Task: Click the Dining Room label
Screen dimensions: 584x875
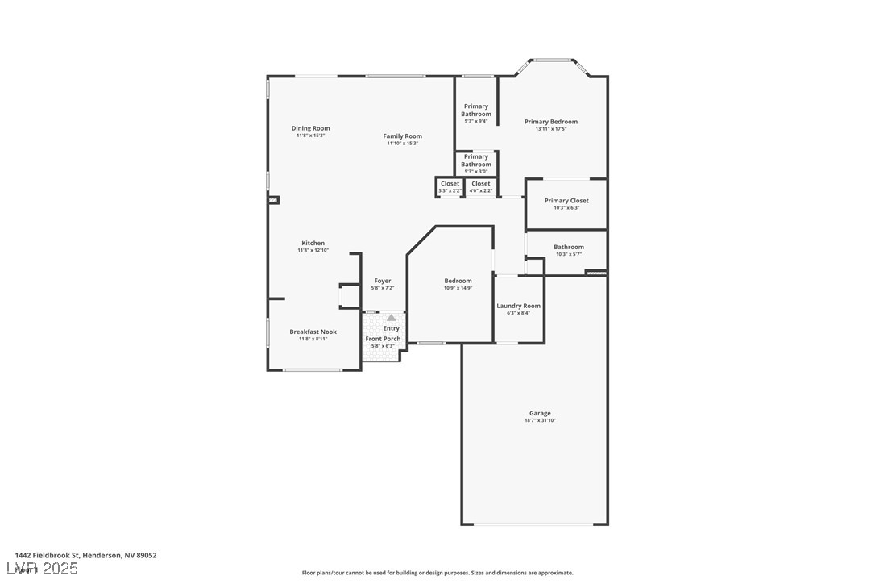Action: coord(310,128)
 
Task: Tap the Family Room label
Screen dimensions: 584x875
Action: coord(402,136)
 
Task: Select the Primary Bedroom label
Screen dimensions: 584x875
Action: coord(550,122)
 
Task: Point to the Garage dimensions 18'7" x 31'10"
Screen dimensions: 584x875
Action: coord(540,420)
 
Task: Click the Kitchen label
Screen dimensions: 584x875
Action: coord(313,243)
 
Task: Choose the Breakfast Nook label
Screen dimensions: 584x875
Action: coord(313,332)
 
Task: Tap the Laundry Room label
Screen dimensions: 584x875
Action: coord(518,306)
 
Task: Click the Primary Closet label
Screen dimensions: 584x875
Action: coord(566,201)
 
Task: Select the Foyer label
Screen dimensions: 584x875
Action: coord(382,281)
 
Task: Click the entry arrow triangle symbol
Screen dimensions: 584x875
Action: coord(392,318)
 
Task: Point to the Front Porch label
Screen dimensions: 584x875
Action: coord(383,339)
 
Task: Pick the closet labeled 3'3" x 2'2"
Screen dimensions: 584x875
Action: coord(450,186)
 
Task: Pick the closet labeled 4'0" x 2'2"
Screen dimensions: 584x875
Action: coord(480,186)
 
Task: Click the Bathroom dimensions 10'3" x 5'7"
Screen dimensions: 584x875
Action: coord(568,254)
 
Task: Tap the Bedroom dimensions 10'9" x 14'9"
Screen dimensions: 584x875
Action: coord(458,288)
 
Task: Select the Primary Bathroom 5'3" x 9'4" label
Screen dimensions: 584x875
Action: coord(475,113)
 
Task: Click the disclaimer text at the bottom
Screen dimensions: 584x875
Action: coord(437,573)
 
